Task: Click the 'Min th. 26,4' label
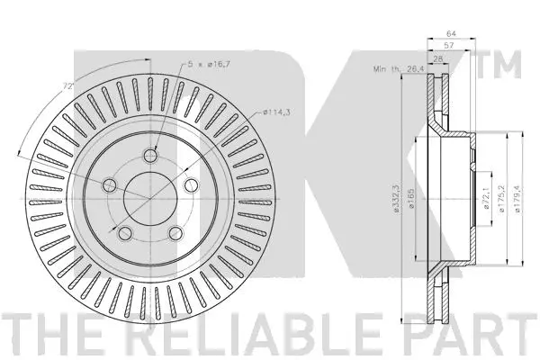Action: [x=398, y=68]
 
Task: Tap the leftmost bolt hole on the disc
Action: [x=110, y=185]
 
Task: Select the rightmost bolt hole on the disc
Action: [x=191, y=185]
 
